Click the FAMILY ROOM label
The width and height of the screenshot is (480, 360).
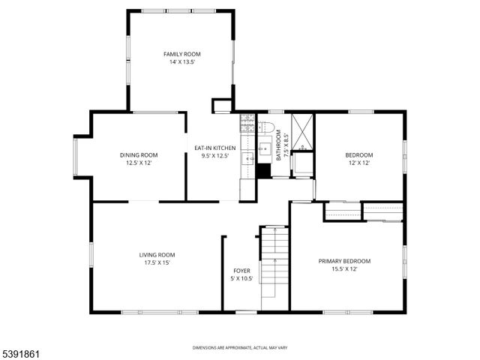(x=182, y=54)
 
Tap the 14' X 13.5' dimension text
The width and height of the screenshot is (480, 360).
(x=182, y=62)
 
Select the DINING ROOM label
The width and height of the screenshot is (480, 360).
(x=139, y=155)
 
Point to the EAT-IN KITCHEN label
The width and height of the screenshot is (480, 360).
(x=214, y=148)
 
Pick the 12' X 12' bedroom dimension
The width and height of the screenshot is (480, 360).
(x=359, y=163)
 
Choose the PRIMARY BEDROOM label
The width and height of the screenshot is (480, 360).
(x=344, y=261)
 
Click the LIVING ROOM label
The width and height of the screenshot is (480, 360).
(x=157, y=254)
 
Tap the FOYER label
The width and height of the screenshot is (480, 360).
(x=241, y=270)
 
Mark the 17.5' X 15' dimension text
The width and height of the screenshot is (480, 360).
(x=157, y=262)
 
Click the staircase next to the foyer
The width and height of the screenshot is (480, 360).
(x=274, y=266)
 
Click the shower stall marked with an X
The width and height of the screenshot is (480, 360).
(x=303, y=131)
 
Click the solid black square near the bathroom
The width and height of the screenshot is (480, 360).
(x=262, y=170)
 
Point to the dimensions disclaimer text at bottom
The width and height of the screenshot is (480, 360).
(x=240, y=348)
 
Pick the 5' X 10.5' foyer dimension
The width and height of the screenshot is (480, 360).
(x=241, y=278)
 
